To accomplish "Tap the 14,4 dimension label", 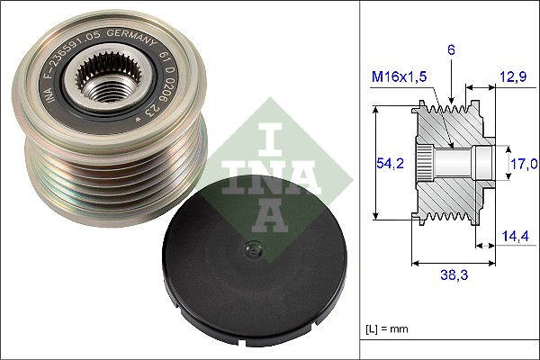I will pyautogui.click(x=515, y=237).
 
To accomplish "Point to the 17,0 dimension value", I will pyautogui.click(x=523, y=164).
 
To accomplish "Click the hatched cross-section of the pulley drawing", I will pyautogui.click(x=450, y=193).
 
